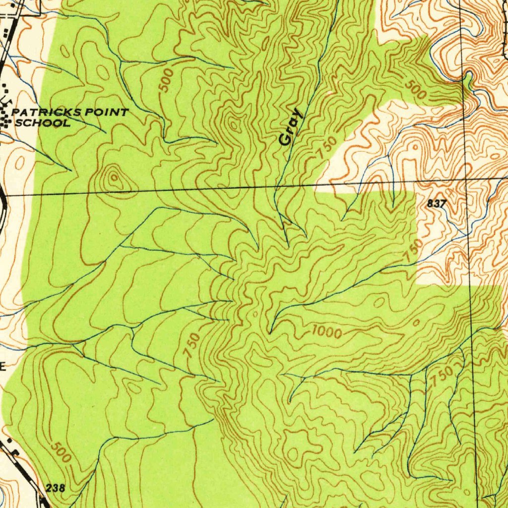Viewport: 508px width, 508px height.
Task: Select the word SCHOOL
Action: point(43,123)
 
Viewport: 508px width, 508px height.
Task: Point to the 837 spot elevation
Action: point(437,203)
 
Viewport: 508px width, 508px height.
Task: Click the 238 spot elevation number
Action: point(55,488)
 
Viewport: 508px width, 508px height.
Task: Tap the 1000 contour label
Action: point(327,333)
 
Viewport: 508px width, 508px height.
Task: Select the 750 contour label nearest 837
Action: point(413,251)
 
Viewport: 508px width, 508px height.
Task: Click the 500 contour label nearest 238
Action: point(61,452)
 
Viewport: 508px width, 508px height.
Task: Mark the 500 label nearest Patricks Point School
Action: point(167,80)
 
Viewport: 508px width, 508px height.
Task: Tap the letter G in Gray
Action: point(285,140)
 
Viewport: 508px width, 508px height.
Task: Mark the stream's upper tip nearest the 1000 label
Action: point(270,332)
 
